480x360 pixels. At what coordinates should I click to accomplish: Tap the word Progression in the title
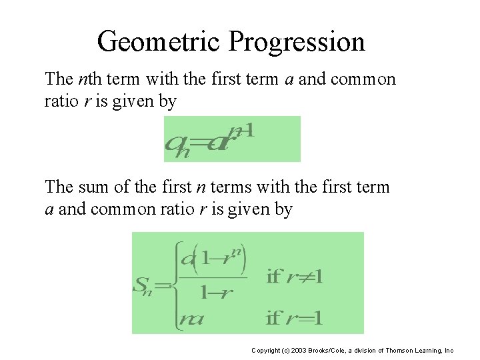click(297, 41)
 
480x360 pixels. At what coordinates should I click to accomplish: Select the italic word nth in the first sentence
click(89, 79)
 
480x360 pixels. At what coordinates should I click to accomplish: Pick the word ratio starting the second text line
click(61, 102)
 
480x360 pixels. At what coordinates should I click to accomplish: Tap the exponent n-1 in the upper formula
click(240, 131)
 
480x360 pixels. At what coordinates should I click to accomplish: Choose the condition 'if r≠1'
click(295, 276)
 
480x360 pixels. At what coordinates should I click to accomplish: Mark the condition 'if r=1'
click(295, 319)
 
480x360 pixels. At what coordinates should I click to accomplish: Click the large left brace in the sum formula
click(178, 287)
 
